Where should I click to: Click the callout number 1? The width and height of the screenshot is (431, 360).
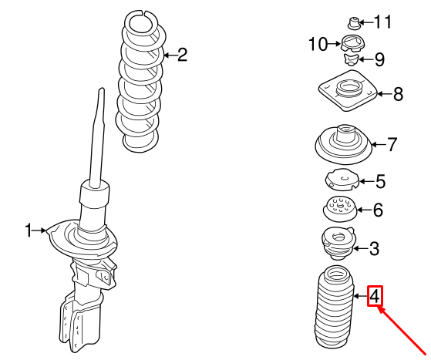coord(29,230)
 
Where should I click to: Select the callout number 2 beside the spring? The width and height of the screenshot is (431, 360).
coord(182,54)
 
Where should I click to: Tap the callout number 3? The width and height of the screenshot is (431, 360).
coord(374,248)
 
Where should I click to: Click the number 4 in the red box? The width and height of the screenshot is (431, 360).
coord(375,295)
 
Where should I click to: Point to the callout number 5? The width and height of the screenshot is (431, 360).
coord(380,182)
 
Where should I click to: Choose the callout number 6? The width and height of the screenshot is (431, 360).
coord(378,210)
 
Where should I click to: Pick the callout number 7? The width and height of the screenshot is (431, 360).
coord(392,143)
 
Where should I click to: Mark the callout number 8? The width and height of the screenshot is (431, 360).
coord(398,95)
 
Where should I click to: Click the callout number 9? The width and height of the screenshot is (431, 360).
coord(379,59)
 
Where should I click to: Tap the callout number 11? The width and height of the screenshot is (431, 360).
coord(383,21)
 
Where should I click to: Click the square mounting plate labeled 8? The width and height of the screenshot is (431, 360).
coord(345,93)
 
